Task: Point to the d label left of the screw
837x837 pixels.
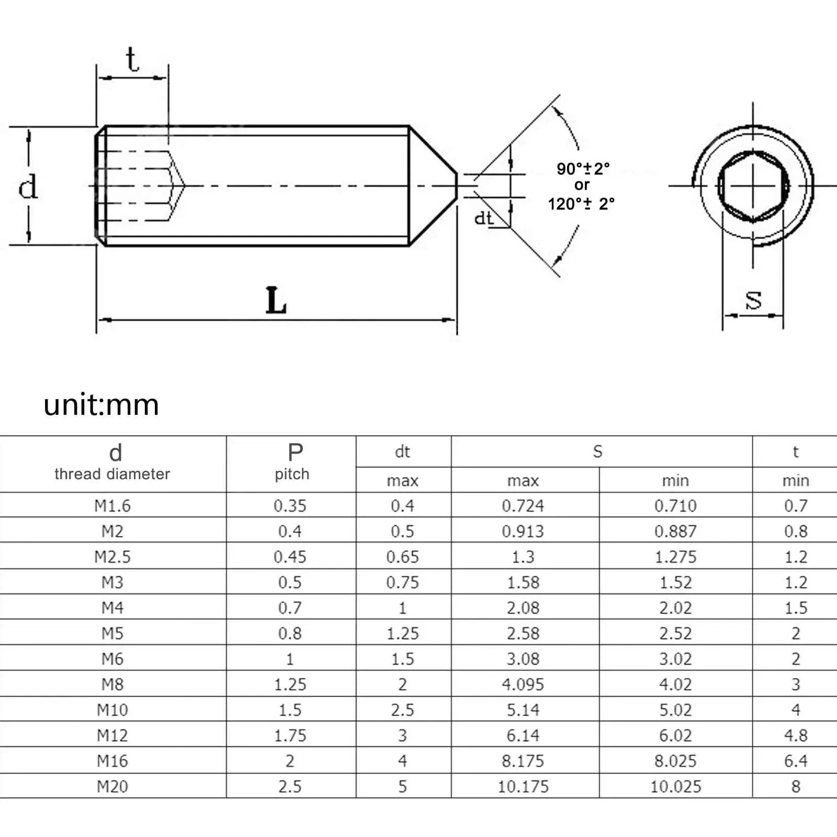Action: point(28,186)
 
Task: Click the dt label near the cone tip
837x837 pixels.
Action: point(484,218)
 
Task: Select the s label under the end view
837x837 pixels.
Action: point(753,300)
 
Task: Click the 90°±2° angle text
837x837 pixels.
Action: point(583,168)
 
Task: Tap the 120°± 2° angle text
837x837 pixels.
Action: point(581,204)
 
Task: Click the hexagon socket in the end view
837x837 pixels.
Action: point(753,186)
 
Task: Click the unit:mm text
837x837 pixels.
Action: point(101,405)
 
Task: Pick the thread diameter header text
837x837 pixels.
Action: point(112,474)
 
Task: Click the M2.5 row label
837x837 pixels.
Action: point(112,557)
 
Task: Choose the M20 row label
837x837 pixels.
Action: point(112,786)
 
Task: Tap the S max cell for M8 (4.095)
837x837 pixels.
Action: point(523,684)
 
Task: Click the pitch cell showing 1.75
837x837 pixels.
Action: point(290,736)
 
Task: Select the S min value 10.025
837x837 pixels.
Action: point(675,786)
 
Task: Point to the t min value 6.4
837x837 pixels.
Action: point(795,761)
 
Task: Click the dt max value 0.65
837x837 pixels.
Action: point(402,557)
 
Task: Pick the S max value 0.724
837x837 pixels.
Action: point(523,506)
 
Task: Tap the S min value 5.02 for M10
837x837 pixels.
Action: point(675,710)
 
